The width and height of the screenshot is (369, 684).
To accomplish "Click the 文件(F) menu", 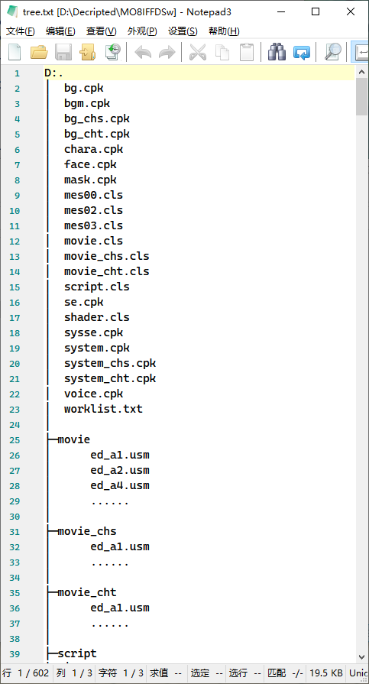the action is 20,31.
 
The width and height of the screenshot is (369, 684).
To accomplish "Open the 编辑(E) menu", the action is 60,31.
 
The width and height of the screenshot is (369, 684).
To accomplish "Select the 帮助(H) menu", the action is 224,31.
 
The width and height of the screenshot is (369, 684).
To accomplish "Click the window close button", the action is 350,11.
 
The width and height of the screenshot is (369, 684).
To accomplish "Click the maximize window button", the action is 316,11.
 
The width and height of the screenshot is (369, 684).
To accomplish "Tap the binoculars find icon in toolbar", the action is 277,52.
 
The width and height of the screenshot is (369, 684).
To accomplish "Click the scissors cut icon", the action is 198,52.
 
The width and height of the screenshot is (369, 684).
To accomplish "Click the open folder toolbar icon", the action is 39,52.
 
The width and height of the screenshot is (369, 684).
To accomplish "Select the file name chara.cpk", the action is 94,149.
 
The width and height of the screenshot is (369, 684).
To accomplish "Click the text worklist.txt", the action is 103,409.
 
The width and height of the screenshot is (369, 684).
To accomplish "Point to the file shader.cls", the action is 97,317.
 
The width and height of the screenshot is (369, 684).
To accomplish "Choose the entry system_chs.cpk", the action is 110,363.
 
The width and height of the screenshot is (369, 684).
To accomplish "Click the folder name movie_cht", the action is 87,592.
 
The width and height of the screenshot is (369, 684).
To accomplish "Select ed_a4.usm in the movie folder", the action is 120,485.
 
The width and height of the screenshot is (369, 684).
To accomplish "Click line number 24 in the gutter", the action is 15,425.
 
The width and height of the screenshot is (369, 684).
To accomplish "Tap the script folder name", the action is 77,653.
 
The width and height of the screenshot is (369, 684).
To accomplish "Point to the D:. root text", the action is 54,73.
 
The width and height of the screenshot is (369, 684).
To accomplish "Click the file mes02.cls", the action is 94,210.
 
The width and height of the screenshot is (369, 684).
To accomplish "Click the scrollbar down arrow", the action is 361,656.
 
